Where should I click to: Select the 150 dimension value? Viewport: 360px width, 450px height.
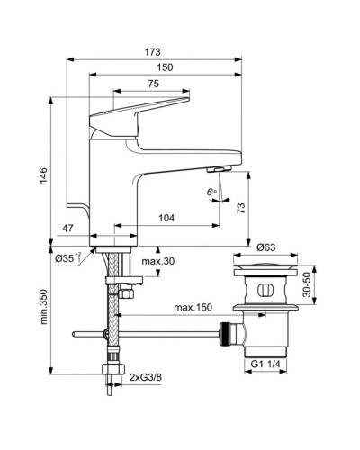(x=164, y=67)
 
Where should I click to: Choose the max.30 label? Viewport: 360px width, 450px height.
(x=157, y=261)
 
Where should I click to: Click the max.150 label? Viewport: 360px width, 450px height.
(x=193, y=309)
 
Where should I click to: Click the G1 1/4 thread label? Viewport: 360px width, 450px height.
(x=265, y=364)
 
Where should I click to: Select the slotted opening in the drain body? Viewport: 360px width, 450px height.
(x=263, y=290)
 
